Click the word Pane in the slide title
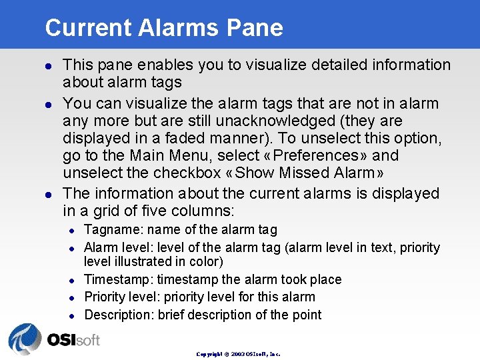(255, 28)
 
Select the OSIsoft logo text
(73, 340)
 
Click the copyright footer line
(238, 354)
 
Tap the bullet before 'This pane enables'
(48, 65)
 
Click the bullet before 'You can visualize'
(48, 104)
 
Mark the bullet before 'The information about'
(48, 194)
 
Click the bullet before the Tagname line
(74, 231)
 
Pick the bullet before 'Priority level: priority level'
(74, 297)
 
